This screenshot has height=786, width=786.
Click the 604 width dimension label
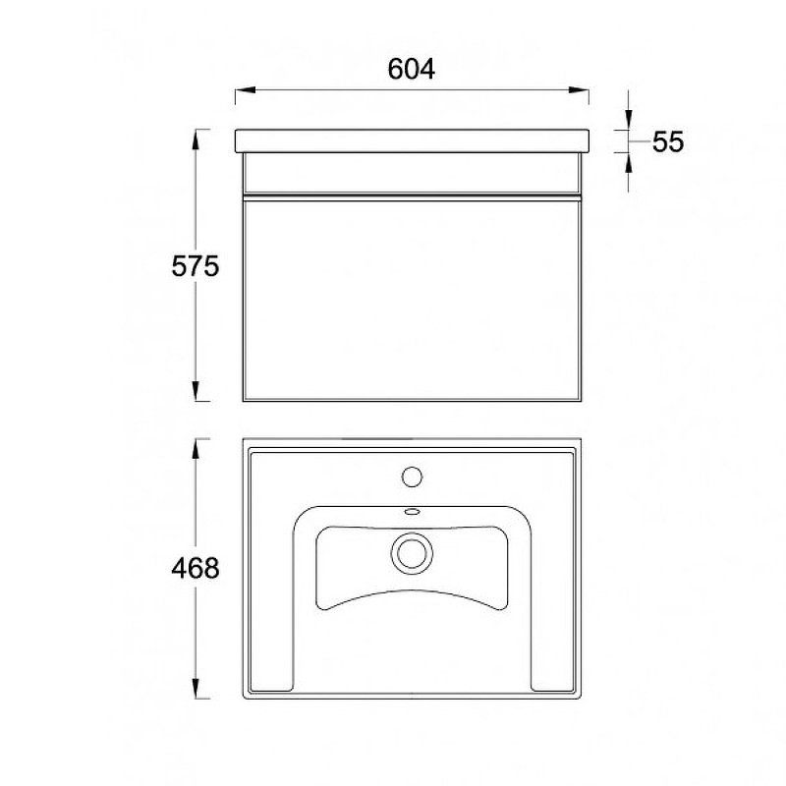[x=411, y=69]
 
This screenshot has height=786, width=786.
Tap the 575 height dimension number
[x=195, y=266]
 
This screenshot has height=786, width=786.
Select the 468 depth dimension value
[x=195, y=569]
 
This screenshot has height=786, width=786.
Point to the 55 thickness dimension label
[x=668, y=141]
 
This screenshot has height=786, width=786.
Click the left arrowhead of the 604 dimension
[x=246, y=90]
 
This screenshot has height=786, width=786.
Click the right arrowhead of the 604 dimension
[x=578, y=90]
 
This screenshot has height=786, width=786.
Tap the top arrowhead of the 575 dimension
[x=196, y=140]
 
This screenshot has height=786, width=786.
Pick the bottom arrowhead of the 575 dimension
[x=196, y=391]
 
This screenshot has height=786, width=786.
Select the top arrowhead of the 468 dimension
[x=196, y=449]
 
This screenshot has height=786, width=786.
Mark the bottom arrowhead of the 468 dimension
[x=196, y=688]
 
